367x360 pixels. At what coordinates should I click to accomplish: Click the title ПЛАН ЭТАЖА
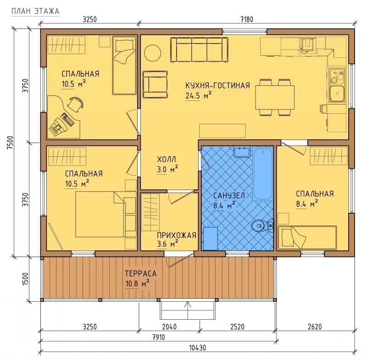tap(35, 11)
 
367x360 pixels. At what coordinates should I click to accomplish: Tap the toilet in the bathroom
tap(262, 226)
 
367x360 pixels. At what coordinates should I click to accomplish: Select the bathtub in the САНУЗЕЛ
tap(263, 173)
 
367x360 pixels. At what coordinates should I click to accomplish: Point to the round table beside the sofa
tap(152, 53)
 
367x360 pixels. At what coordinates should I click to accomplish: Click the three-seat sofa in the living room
tap(199, 50)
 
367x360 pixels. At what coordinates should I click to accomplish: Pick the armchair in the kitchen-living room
tap(156, 84)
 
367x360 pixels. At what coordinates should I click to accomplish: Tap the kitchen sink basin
tap(337, 94)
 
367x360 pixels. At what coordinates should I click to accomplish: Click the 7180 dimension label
tap(247, 19)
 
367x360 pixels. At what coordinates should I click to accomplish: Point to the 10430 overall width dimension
tap(198, 348)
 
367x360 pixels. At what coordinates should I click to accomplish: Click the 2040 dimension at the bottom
tap(169, 327)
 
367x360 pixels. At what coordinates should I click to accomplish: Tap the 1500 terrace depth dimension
tap(26, 279)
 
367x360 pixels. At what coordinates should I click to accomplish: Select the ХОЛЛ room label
tap(167, 160)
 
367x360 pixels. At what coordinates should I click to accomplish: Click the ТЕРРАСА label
tap(141, 273)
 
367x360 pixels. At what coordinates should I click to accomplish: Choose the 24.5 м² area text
tap(199, 95)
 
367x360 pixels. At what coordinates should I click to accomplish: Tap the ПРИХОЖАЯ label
tap(177, 235)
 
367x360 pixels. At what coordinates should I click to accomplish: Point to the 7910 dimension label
tap(158, 338)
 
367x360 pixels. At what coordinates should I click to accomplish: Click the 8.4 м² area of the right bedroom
tap(307, 204)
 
